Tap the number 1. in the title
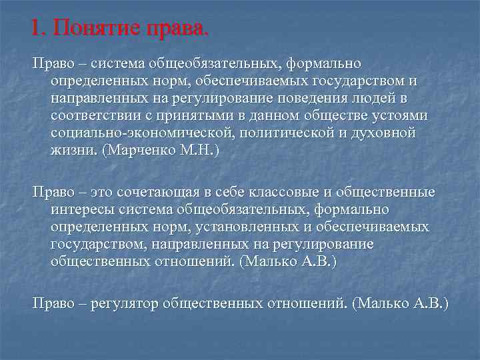click(x=39, y=29)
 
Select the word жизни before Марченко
click(x=73, y=151)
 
